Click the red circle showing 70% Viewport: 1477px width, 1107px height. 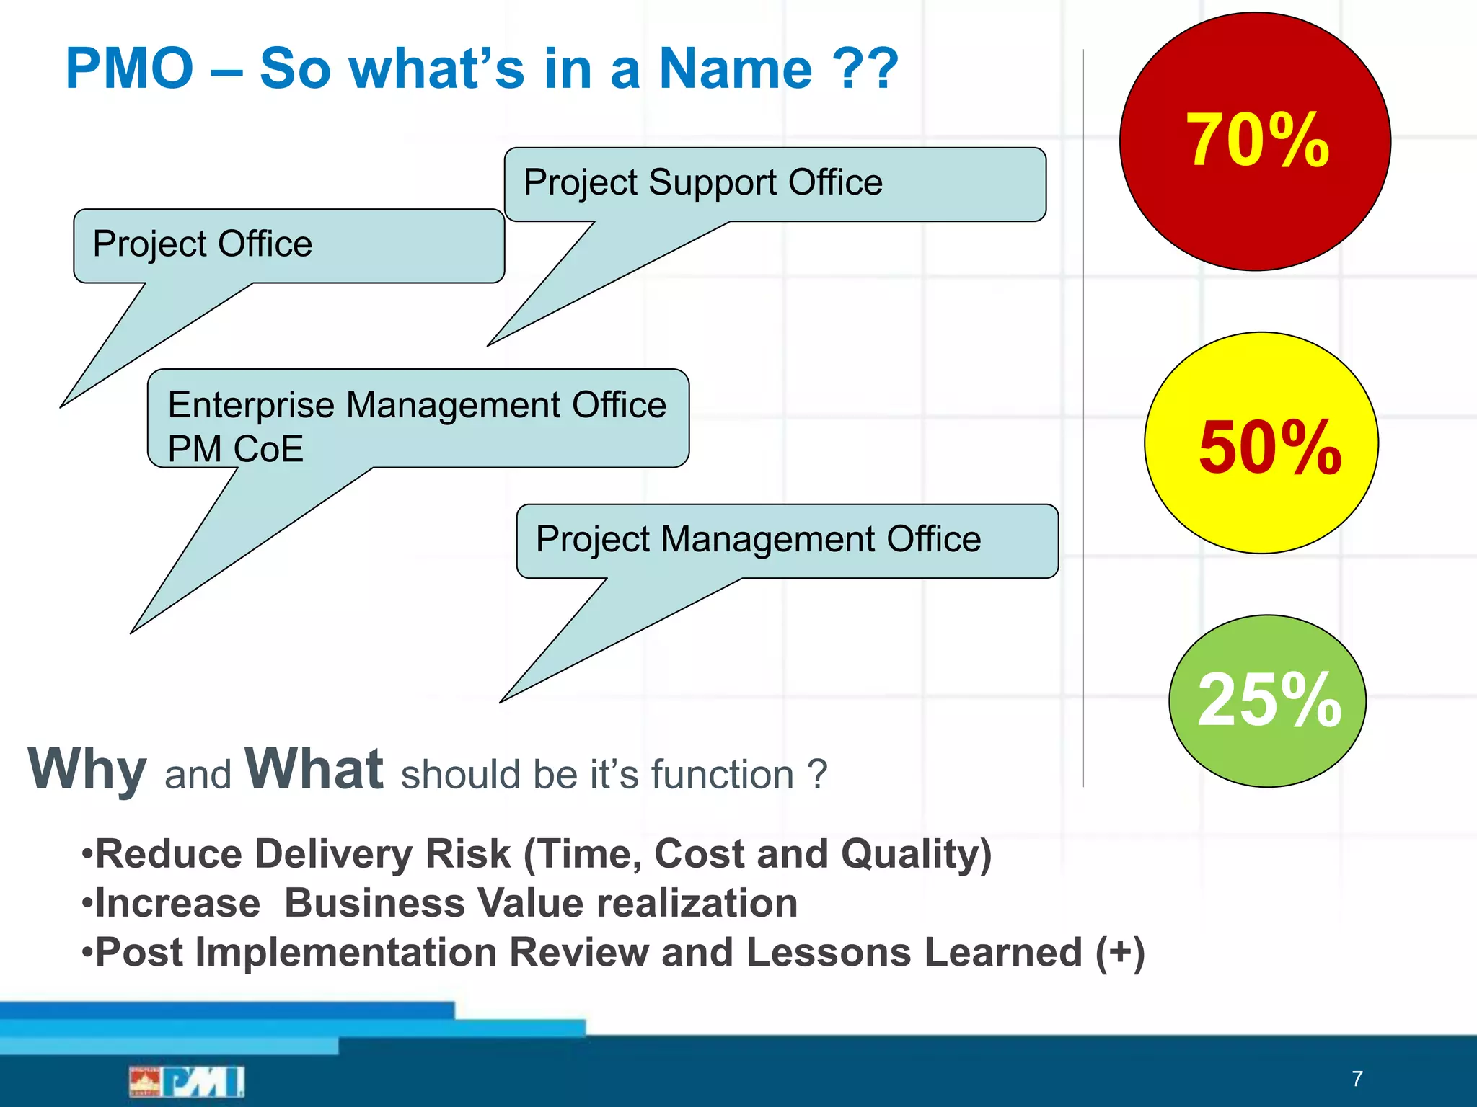[x=1255, y=141]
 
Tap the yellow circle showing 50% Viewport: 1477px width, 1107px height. [x=1261, y=443]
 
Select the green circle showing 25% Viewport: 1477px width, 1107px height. [x=1267, y=701]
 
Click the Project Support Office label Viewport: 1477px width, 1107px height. [x=702, y=182]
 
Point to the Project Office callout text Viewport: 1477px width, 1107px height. [x=203, y=244]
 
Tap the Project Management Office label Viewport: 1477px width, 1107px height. [x=758, y=539]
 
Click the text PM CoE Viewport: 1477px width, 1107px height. [x=235, y=449]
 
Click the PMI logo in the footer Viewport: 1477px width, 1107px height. [x=188, y=1081]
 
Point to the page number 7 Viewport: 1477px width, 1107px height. [x=1357, y=1079]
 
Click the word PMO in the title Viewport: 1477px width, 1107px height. [x=130, y=69]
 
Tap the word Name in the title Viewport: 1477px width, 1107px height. [x=736, y=69]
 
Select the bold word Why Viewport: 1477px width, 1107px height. [x=87, y=770]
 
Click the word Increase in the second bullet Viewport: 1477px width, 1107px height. [x=177, y=904]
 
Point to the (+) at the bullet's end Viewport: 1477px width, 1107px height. [x=1119, y=953]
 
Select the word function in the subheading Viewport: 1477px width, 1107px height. [x=722, y=775]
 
